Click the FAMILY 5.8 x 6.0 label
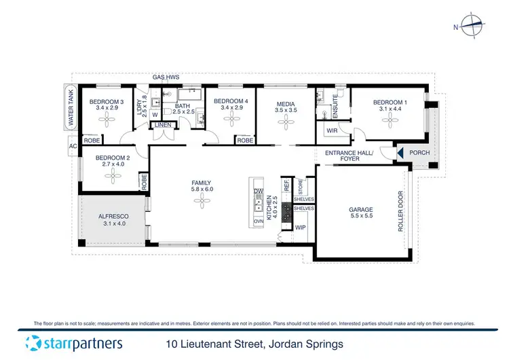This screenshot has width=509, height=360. [202, 186]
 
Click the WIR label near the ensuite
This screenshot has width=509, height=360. [333, 130]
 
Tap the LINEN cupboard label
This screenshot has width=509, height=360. [164, 125]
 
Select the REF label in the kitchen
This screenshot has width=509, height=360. [286, 184]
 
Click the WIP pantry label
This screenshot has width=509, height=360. [301, 228]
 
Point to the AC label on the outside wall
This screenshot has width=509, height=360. [71, 146]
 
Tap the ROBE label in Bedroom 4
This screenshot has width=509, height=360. [245, 140]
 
